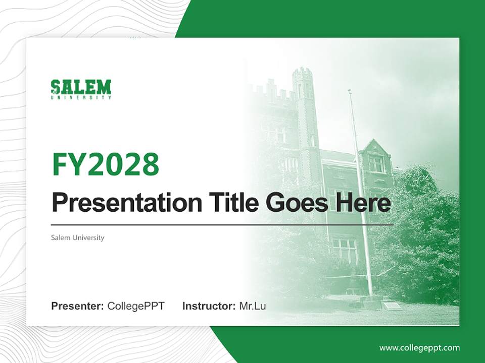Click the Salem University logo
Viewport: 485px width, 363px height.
point(81,89)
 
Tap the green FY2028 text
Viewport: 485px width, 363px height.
point(106,164)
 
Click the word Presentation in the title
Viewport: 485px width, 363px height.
point(120,203)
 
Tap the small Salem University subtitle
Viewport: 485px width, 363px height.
point(77,237)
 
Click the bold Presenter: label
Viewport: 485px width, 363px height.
point(77,306)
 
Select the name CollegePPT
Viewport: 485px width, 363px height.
point(136,306)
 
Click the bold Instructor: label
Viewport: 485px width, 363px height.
point(209,306)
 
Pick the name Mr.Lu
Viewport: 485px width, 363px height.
point(253,306)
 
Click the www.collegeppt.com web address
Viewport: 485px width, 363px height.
point(419,348)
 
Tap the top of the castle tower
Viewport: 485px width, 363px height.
point(302,73)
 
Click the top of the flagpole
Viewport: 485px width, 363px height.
point(349,91)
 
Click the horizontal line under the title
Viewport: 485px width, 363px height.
point(222,224)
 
